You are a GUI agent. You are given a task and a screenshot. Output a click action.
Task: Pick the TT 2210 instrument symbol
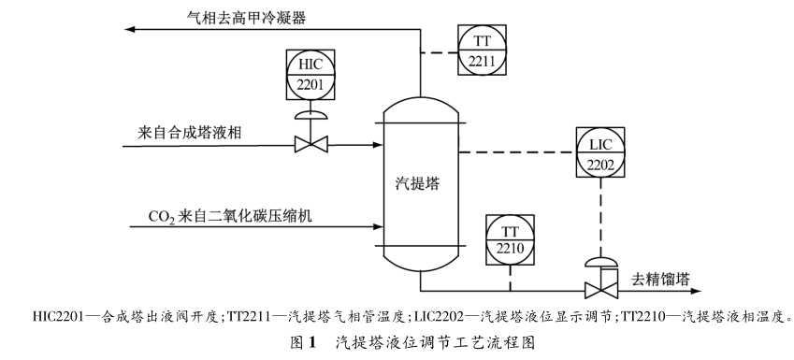(511, 239)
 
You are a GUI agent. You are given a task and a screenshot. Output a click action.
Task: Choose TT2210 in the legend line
(635, 315)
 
